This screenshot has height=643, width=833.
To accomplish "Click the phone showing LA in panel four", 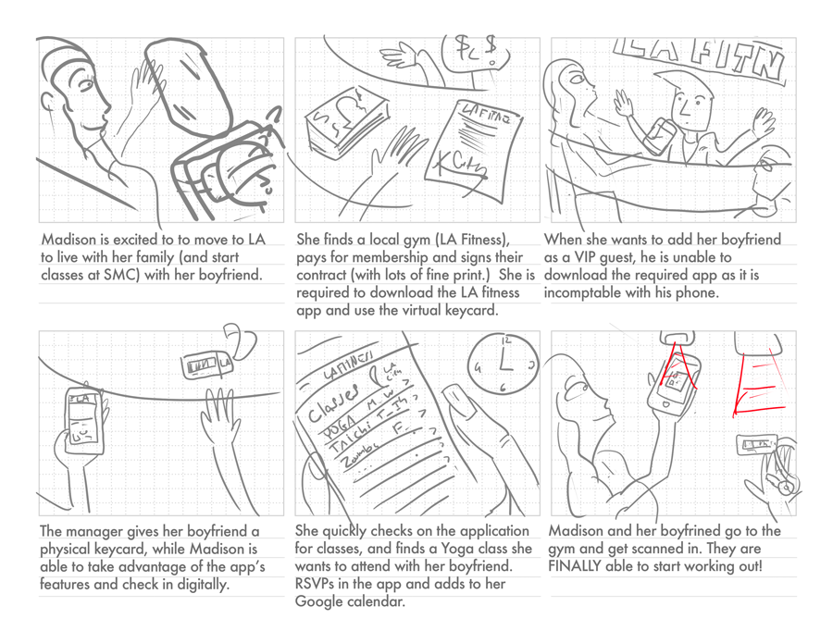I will (x=82, y=417).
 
